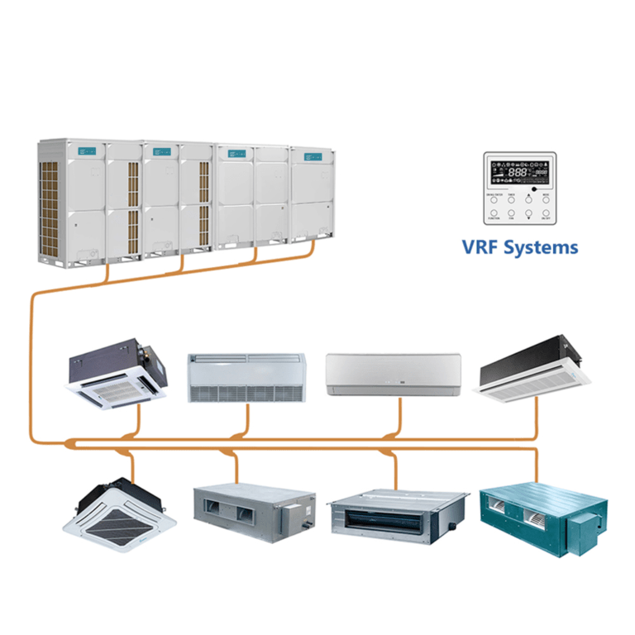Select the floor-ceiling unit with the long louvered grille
pyautogui.click(x=246, y=378)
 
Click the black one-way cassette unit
pyautogui.click(x=535, y=373)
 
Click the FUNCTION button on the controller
pyautogui.click(x=495, y=214)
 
